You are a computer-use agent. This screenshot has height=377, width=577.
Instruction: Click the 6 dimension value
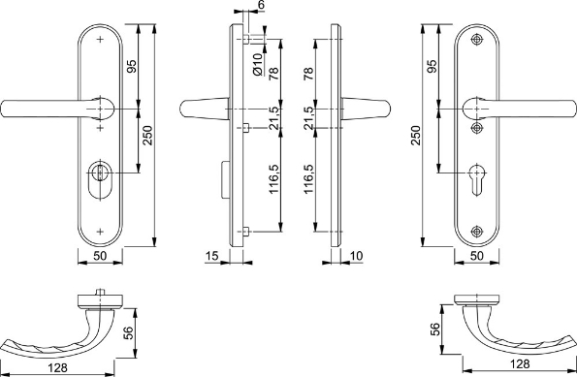(x=261, y=5)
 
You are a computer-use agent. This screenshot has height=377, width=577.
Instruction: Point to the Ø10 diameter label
(x=258, y=64)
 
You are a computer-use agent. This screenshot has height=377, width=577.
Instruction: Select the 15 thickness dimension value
(x=211, y=256)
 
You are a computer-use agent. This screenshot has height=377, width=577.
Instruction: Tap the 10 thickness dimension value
(x=356, y=256)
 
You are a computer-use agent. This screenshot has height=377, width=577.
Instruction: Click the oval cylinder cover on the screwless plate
(x=100, y=180)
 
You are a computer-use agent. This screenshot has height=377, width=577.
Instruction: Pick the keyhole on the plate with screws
(x=477, y=178)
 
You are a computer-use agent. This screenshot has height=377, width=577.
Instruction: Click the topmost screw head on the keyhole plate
(x=477, y=40)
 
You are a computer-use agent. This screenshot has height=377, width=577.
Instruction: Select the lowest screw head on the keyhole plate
(x=477, y=232)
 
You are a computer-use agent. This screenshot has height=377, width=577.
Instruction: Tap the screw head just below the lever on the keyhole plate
(x=477, y=128)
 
